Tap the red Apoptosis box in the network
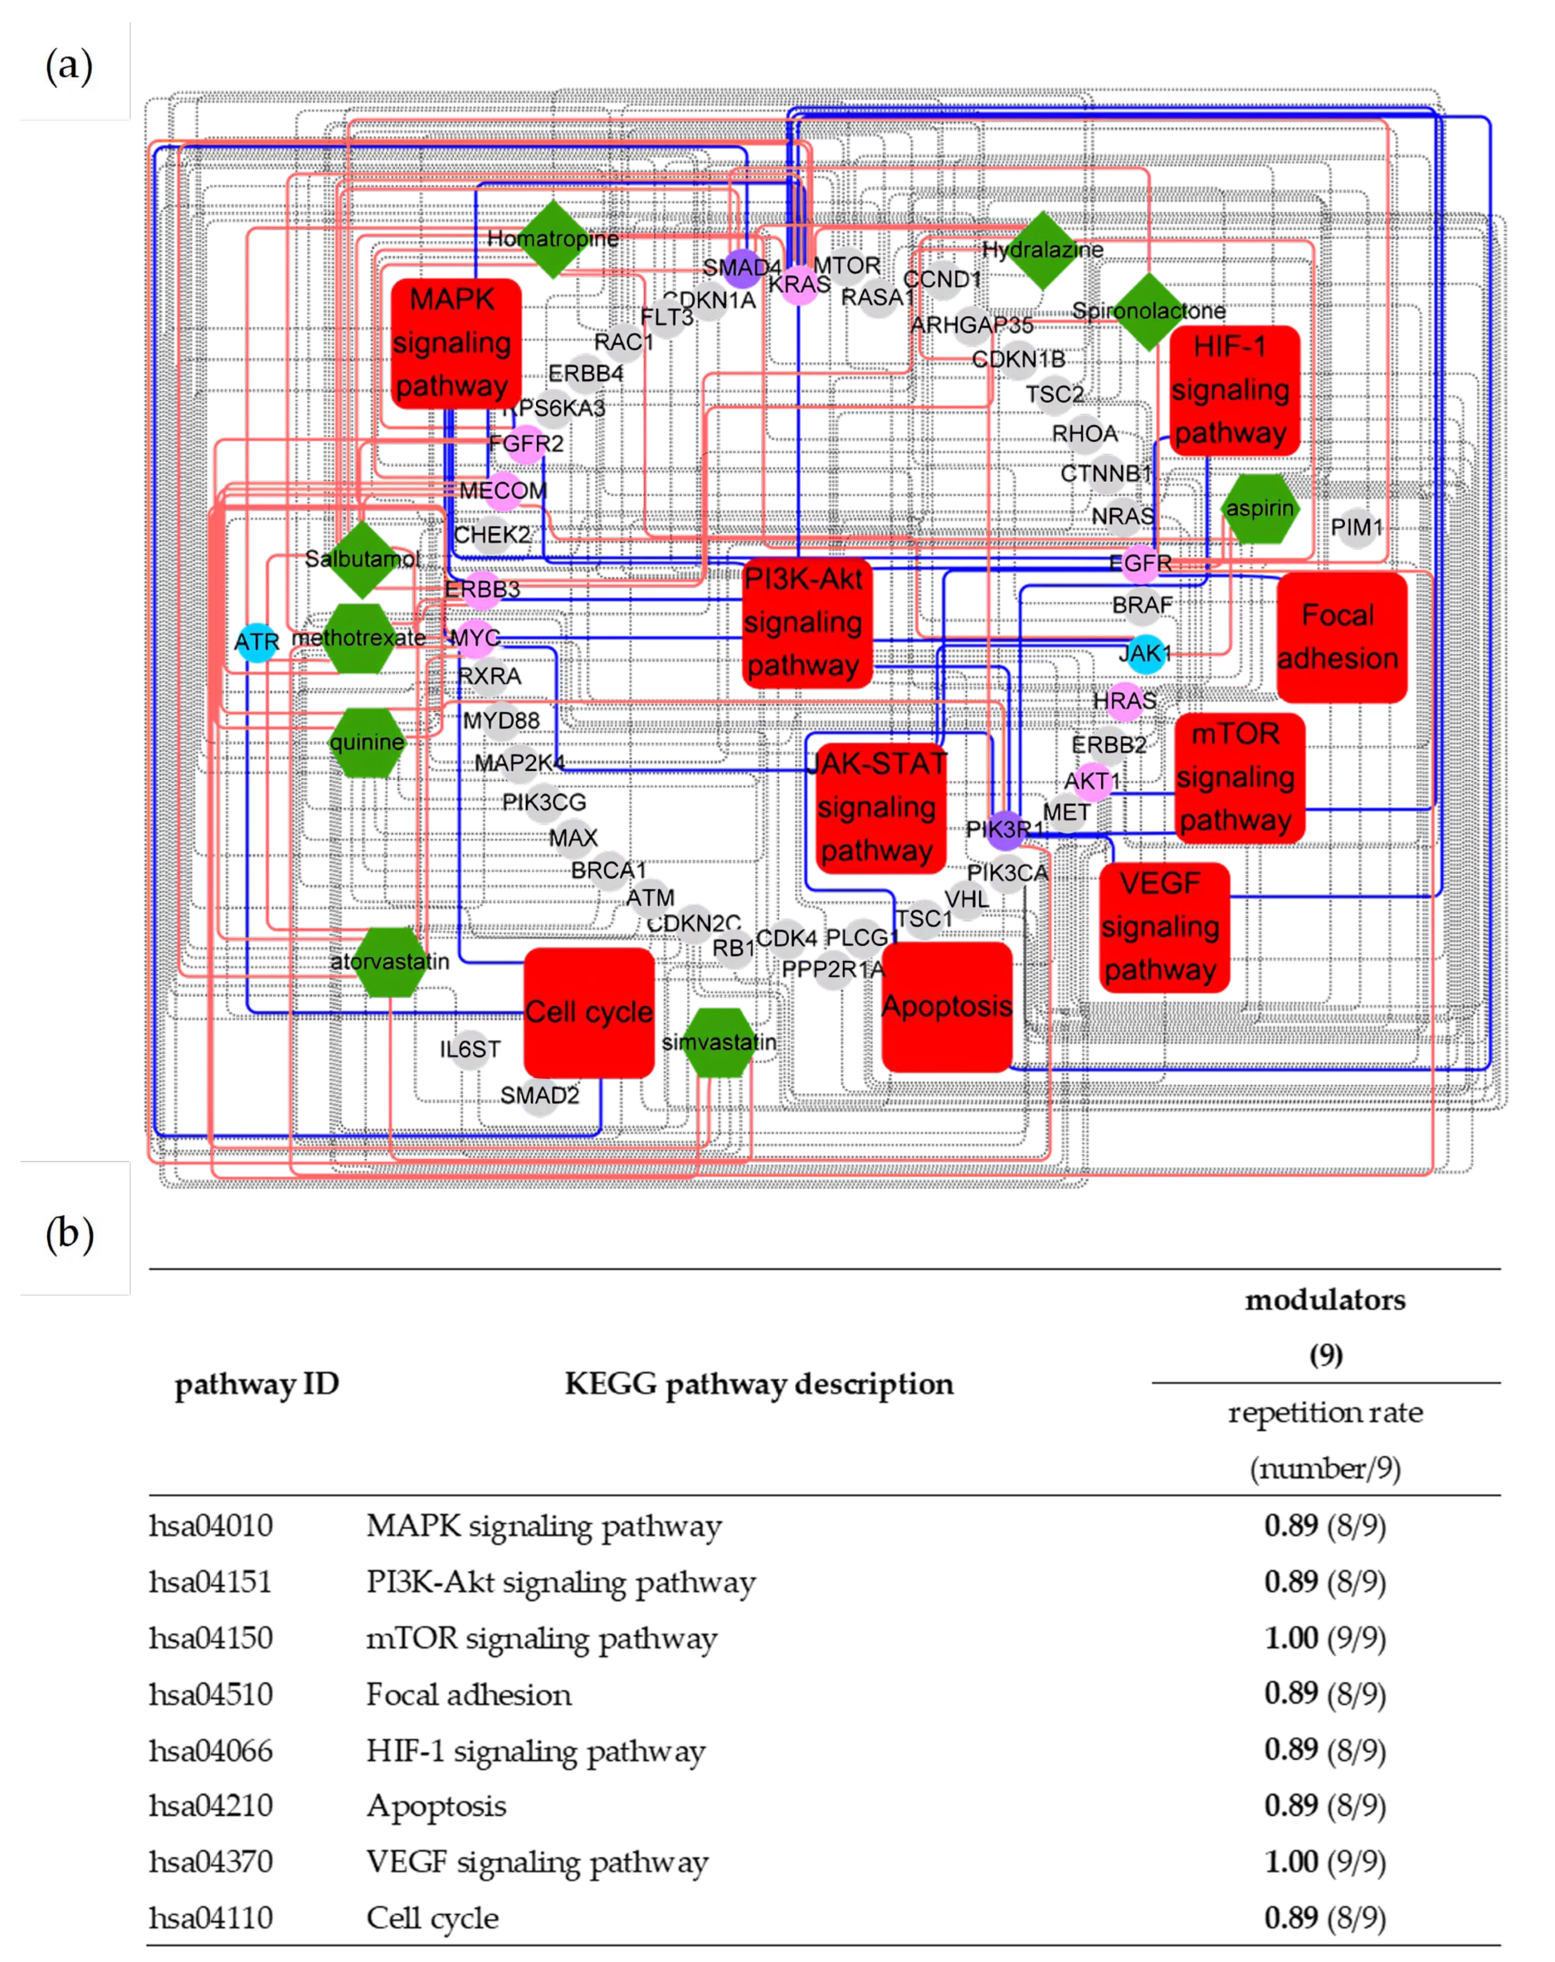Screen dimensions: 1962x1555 [x=946, y=1005]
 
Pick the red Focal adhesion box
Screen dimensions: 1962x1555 [x=1341, y=636]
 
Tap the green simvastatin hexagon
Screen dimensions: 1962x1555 [x=719, y=1042]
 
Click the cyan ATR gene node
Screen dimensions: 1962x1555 [x=256, y=642]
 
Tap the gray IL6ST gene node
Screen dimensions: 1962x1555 [x=469, y=1049]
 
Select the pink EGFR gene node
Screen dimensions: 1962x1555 [x=1140, y=563]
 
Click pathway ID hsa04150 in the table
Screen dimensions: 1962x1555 [x=210, y=1637]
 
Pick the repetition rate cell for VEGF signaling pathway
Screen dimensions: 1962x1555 [x=1324, y=1861]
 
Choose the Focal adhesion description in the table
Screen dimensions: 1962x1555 [x=469, y=1694]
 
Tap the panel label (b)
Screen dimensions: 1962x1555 [x=69, y=1233]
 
